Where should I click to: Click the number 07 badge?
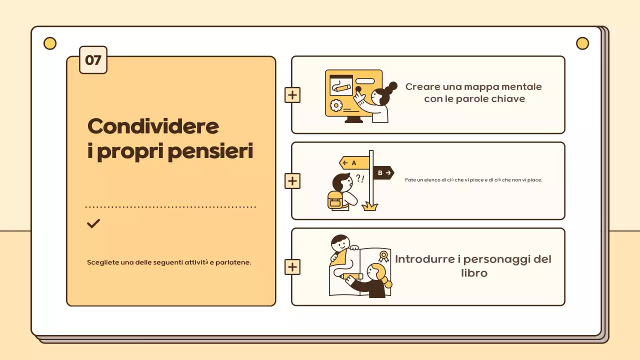(93, 60)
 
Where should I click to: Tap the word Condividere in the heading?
(153, 126)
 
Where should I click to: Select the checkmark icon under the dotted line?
(93, 223)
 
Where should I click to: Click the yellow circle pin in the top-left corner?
(50, 43)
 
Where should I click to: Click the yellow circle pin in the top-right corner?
(582, 43)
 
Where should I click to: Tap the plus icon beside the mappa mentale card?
(292, 95)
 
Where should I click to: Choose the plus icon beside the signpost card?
(292, 181)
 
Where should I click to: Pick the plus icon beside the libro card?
(292, 267)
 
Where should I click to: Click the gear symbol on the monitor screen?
(336, 105)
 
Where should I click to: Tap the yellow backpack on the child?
(334, 200)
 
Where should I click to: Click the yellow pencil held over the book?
(351, 276)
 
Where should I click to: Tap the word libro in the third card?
(474, 273)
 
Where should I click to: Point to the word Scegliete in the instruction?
(103, 262)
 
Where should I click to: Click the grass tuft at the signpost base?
(369, 206)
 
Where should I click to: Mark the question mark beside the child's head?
(358, 178)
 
